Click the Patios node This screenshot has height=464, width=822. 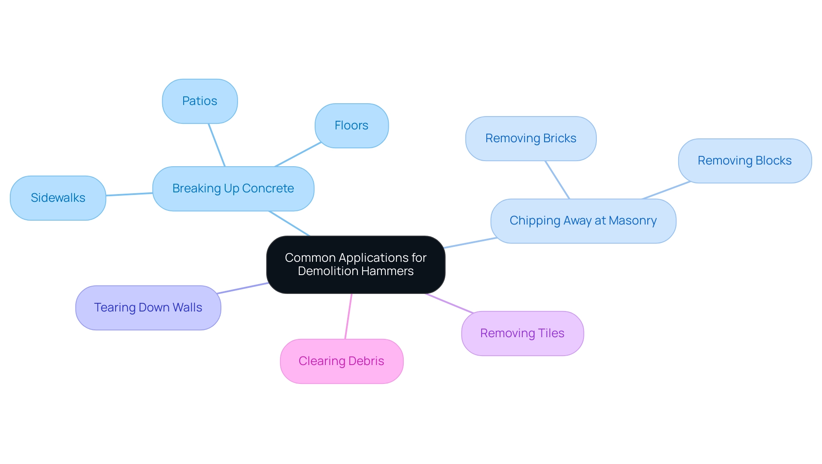[200, 101]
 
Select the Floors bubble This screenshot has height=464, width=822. [351, 126]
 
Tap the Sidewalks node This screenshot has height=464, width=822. [58, 198]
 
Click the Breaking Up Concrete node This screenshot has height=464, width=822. [233, 189]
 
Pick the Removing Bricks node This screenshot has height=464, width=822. [530, 138]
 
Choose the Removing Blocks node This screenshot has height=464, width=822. [745, 161]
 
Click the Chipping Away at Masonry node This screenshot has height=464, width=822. [583, 221]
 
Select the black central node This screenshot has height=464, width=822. [355, 264]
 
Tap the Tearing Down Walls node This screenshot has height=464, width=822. [148, 308]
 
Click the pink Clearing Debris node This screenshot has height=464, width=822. [341, 361]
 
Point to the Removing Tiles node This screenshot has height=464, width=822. [522, 333]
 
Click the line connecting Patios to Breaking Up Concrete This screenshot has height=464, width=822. [217, 145]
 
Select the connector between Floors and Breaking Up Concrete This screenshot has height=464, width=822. [298, 154]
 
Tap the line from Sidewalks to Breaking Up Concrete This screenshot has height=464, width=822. [129, 195]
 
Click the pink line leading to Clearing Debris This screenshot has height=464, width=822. [348, 316]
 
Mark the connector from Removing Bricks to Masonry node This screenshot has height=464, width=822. [557, 180]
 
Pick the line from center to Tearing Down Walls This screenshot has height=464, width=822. [243, 288]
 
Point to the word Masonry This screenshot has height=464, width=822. [632, 221]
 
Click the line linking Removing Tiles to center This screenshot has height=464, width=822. [449, 303]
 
